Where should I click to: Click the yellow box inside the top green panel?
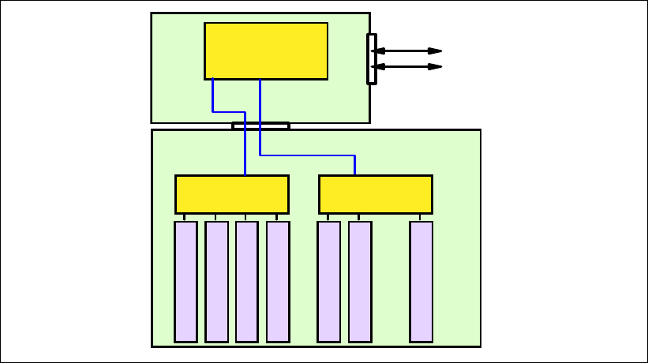click(266, 51)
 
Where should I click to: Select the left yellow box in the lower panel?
click(231, 194)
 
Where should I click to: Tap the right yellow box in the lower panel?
click(375, 194)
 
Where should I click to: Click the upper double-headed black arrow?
click(406, 51)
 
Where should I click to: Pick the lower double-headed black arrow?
click(406, 66)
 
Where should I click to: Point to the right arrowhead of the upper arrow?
click(435, 51)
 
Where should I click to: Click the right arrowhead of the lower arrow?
click(435, 66)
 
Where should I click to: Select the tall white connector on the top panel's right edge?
click(372, 58)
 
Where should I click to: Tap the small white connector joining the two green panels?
click(260, 125)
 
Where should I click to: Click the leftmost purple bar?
click(185, 282)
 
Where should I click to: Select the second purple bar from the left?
click(216, 282)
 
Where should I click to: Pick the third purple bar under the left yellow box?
click(246, 282)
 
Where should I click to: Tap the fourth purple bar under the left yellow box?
click(278, 282)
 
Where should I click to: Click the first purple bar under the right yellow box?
click(328, 282)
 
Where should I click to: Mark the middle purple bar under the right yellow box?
click(360, 282)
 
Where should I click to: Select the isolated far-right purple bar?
click(421, 282)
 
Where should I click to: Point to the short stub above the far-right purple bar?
click(421, 217)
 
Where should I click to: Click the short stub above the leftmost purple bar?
click(185, 217)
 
